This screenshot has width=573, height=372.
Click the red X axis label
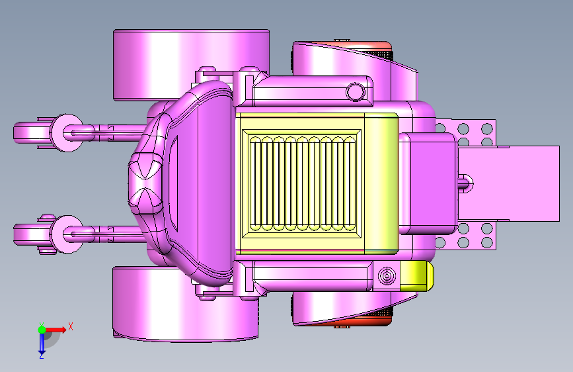coord(71,326)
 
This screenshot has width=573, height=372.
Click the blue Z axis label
coord(41,355)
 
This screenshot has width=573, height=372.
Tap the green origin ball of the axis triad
coord(42,330)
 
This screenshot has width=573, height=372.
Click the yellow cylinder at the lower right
coord(416,276)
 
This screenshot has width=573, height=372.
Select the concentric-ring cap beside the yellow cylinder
coord(387,276)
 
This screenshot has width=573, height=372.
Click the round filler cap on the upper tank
coord(355,91)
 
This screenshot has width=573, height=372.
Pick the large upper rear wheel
coord(191,65)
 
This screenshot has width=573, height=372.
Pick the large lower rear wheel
coord(185,304)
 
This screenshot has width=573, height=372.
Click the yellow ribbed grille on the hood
coord(302,183)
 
